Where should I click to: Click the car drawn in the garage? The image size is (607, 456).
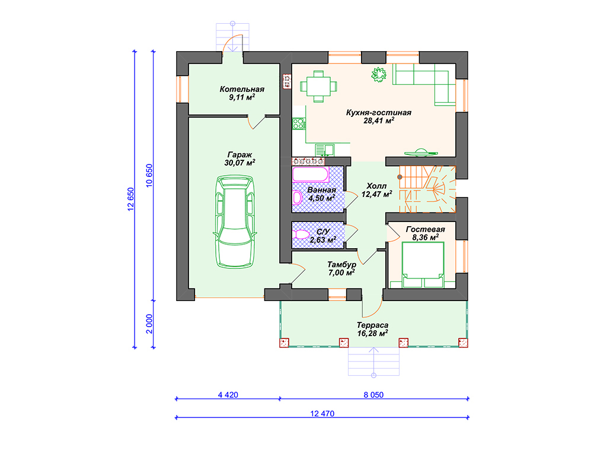coord(235,221)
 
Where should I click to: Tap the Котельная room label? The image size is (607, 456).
coord(242,89)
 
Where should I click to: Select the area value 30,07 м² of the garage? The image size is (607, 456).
coord(239,163)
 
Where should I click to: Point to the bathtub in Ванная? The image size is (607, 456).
coord(311,175)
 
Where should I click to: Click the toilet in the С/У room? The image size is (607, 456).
coord(301,235)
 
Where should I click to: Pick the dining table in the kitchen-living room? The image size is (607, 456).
coord(318,87)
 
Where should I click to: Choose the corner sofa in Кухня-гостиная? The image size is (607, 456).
coord(424,84)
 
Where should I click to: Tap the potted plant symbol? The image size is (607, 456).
coord(379,74)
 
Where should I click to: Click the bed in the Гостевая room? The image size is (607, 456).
coord(423,265)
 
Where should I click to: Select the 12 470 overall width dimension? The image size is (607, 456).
coord(322,414)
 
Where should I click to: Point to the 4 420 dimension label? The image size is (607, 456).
coord(228,395)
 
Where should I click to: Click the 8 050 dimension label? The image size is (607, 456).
coord(373,395)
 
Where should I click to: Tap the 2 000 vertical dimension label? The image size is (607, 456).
coord(149,324)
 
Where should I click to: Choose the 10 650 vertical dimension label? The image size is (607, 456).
coord(149,176)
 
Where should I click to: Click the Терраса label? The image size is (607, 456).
coord(372,325)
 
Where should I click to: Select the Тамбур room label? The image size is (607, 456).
coord(342,265)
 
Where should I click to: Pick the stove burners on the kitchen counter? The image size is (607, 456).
coord(299,123)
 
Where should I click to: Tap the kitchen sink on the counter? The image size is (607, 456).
coord(324,149)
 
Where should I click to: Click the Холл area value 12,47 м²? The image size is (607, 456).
coord(376,194)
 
